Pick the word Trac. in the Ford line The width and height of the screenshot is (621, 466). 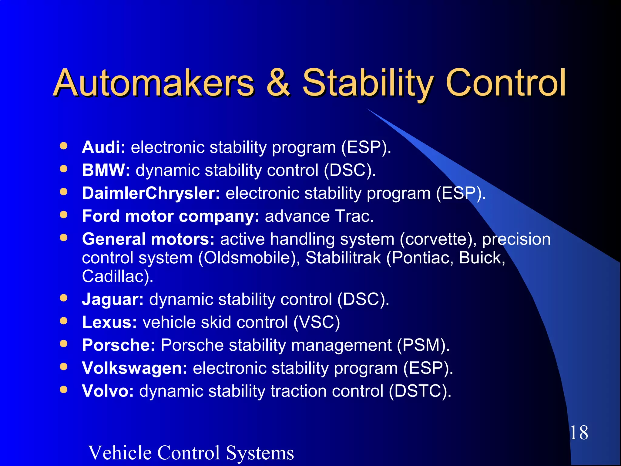tap(354, 216)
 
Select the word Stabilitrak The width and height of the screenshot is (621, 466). tap(343, 258)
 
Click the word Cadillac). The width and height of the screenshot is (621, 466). tap(118, 277)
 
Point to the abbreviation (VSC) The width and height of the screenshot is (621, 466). tap(317, 322)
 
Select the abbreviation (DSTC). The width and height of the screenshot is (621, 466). tap(420, 391)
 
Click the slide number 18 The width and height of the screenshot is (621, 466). tap(579, 433)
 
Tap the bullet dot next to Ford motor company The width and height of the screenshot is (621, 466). tap(64, 215)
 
